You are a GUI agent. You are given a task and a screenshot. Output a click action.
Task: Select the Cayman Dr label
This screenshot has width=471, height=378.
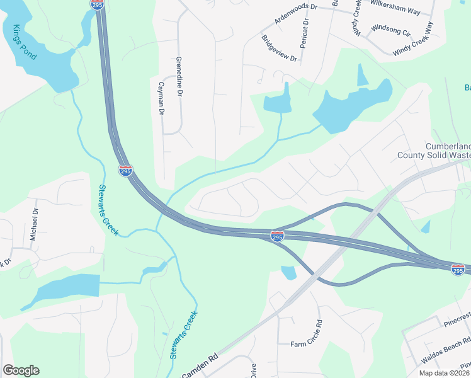(162, 98)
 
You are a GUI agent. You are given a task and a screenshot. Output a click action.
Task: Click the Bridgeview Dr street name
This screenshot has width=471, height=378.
(279, 48)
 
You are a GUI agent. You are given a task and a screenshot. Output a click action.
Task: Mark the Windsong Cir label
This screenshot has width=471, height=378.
(391, 29)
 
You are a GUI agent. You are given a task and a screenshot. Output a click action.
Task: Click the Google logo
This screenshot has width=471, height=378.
(21, 370)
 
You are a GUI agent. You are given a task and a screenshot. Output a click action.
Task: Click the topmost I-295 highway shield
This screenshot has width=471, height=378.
(96, 4)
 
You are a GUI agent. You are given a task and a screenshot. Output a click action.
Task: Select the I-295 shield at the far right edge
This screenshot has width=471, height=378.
(458, 270)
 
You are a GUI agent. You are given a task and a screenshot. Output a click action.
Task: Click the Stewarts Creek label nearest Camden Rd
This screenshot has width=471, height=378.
(183, 335)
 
